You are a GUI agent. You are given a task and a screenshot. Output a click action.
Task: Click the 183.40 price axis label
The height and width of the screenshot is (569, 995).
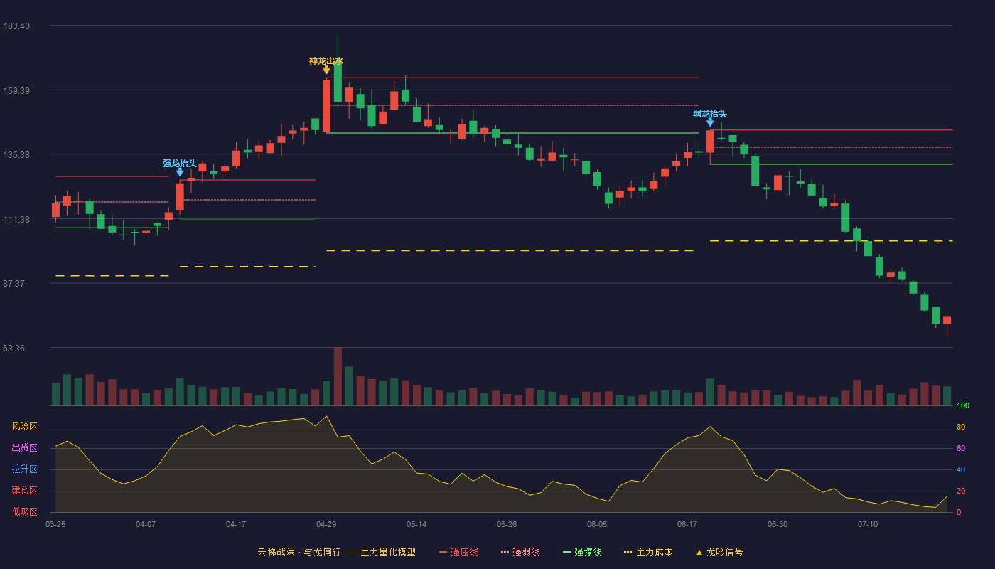(x=16, y=26)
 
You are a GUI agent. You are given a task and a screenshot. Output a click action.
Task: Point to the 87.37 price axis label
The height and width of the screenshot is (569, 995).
(x=14, y=284)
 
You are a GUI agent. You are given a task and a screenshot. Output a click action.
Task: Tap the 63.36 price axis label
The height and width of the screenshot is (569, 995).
(x=14, y=348)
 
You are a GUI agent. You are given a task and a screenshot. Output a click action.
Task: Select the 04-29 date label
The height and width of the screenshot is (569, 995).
(x=326, y=525)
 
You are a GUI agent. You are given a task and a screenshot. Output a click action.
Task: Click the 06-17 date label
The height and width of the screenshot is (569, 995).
(x=687, y=525)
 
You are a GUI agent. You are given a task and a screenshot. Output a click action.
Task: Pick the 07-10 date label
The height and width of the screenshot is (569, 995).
(x=868, y=525)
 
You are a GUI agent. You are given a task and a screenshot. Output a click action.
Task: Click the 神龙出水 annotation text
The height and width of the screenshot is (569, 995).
(x=326, y=61)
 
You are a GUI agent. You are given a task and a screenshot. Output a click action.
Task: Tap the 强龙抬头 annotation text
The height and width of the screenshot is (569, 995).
(x=179, y=163)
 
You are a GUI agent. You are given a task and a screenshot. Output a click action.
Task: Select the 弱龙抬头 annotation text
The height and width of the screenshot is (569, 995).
(x=710, y=113)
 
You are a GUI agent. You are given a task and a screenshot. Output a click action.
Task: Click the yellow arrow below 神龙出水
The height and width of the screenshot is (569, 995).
(x=326, y=70)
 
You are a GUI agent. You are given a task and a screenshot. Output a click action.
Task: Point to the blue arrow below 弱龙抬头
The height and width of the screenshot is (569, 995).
(x=710, y=122)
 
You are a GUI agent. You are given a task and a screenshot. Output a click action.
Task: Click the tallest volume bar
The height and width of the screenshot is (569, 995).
(x=338, y=376)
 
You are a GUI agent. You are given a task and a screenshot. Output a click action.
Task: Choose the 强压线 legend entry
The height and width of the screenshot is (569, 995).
(x=458, y=552)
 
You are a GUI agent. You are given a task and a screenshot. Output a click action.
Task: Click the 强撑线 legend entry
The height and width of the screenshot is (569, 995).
(x=582, y=552)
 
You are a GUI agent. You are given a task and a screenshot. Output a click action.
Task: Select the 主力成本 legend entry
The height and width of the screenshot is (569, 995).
(x=648, y=552)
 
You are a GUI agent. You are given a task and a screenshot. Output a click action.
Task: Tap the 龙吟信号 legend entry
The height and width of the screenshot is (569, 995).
(x=719, y=552)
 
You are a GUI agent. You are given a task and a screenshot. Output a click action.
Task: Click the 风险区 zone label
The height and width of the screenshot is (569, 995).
(x=24, y=427)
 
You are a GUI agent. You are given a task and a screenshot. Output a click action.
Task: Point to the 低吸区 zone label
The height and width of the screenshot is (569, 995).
(x=24, y=512)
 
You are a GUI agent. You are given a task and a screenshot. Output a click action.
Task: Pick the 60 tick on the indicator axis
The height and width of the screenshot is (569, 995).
(x=961, y=448)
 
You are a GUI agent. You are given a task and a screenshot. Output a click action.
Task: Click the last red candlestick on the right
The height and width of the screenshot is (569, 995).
(x=947, y=321)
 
